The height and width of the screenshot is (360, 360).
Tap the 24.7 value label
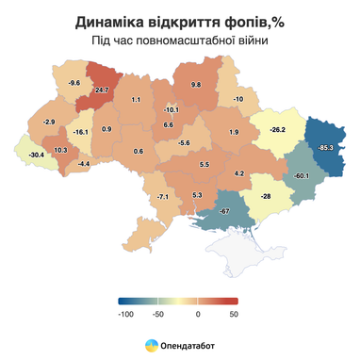(103, 90)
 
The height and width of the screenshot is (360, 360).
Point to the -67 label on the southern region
(225, 210)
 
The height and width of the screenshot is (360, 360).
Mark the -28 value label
(266, 195)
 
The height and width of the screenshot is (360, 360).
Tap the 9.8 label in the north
(196, 85)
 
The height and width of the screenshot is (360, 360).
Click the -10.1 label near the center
(172, 109)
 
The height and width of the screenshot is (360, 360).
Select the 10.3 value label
(60, 150)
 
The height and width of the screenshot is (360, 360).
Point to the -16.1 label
(81, 132)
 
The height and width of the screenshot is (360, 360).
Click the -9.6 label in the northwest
(74, 83)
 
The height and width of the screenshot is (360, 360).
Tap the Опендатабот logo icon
(151, 346)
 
